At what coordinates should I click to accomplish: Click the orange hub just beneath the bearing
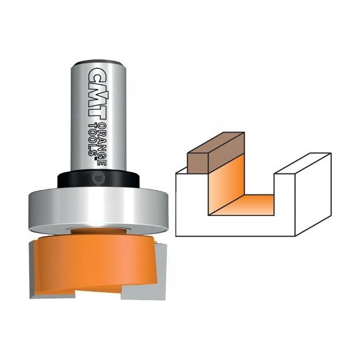[x=98, y=231]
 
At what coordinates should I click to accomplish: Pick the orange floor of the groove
[x=249, y=204]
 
